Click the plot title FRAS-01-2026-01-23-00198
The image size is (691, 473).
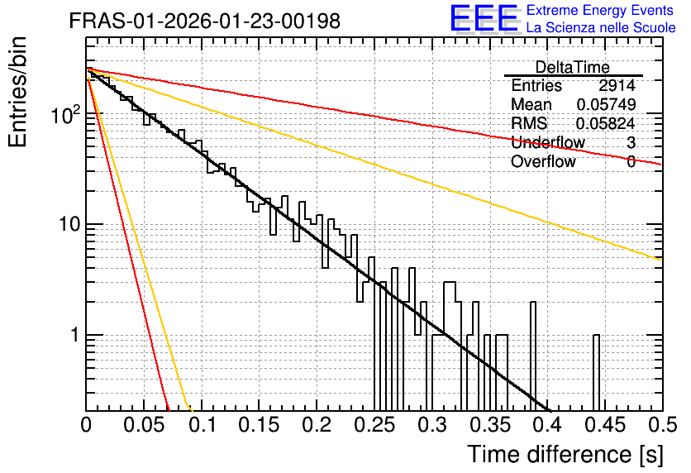pos(205,21)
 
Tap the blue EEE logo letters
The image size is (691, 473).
pos(484,19)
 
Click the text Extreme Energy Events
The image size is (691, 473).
pos(600,10)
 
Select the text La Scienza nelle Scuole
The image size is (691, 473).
pos(601,27)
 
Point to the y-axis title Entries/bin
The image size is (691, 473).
pos(17,92)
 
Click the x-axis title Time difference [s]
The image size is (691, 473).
pos(565,455)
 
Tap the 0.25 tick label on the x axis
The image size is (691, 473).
pos(375,425)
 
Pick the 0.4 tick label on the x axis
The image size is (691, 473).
pos(547,425)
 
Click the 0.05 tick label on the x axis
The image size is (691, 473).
pos(144,425)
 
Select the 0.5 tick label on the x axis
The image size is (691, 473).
pos(662,425)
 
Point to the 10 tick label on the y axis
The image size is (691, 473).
pos(69,224)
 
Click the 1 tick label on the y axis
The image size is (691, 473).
pos(74,335)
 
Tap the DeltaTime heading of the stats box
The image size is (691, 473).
pos(573,68)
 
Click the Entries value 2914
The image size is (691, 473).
pos(617,85)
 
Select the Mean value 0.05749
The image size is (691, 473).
pos(606,104)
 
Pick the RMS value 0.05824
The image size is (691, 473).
pos(606,123)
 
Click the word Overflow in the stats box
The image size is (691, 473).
pos(543,161)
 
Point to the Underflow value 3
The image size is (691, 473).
pos(631,142)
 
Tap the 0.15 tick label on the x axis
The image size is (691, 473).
pos(260,425)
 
